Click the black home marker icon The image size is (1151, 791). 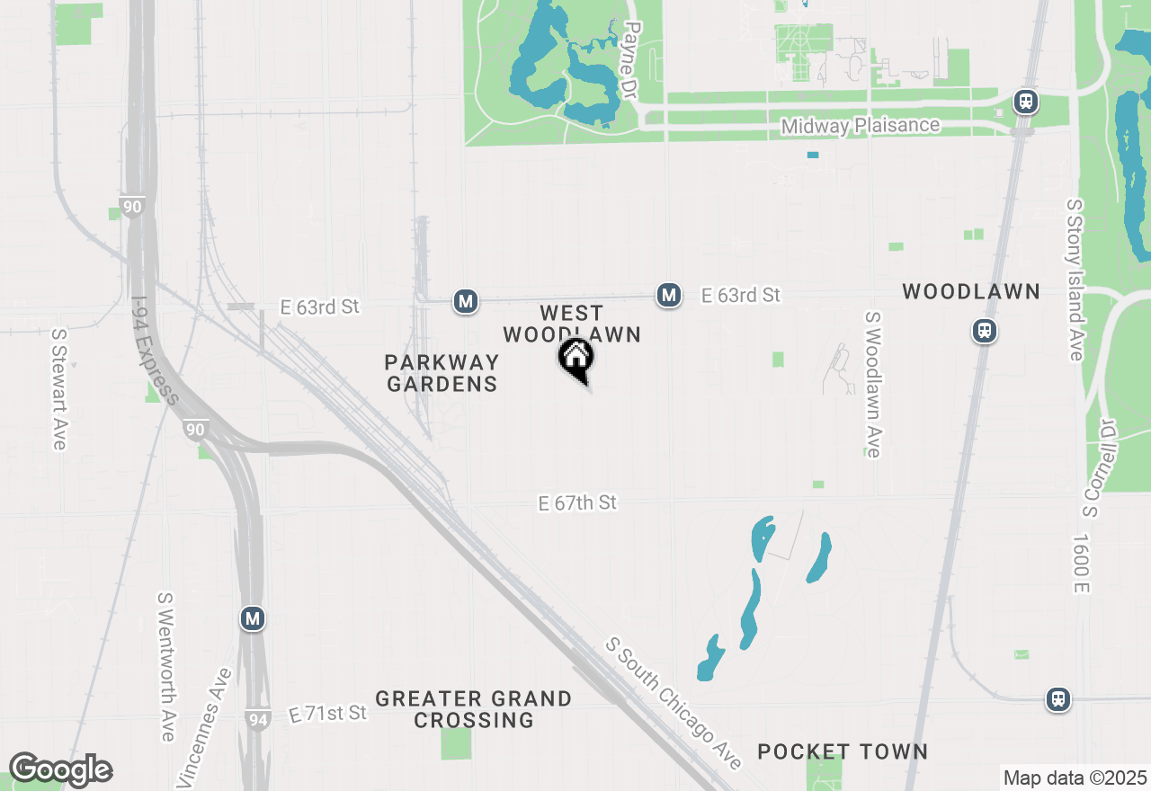tap(575, 360)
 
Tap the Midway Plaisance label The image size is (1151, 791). tap(860, 126)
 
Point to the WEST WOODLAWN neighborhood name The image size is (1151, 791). tap(572, 324)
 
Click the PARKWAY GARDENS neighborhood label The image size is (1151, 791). tap(441, 373)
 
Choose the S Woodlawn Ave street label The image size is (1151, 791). tap(871, 385)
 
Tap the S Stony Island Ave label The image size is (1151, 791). tap(1074, 280)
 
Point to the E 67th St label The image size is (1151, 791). tap(577, 502)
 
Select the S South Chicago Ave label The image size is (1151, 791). tap(674, 704)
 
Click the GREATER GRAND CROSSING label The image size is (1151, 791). tap(473, 709)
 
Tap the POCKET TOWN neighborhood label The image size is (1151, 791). tap(843, 751)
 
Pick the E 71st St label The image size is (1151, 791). tap(328, 714)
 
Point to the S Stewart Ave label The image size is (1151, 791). tap(59, 388)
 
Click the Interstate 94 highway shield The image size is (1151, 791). tap(256, 718)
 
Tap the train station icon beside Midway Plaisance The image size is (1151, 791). tap(1026, 102)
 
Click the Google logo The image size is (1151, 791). tap(60, 770)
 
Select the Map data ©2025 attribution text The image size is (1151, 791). tap(1075, 778)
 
